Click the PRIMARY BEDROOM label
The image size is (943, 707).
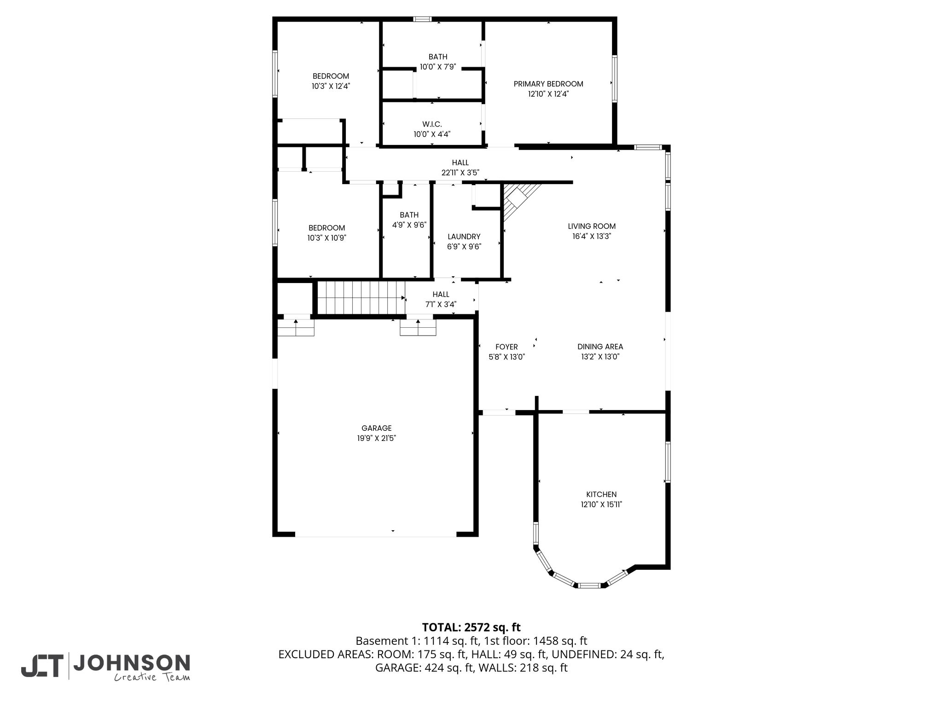(x=548, y=84)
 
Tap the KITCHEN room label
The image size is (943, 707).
(x=601, y=494)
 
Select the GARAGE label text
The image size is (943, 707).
(x=377, y=428)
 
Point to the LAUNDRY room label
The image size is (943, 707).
(x=464, y=237)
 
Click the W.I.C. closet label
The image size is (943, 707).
(x=432, y=124)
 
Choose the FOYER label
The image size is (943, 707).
(x=506, y=347)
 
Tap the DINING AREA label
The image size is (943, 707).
(x=600, y=347)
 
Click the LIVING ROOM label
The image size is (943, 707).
(x=592, y=226)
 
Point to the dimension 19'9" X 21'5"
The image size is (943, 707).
(x=377, y=438)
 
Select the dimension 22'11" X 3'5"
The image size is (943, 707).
(x=460, y=173)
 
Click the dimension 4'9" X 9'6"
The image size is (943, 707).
(x=409, y=225)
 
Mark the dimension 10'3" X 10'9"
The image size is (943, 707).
(x=327, y=238)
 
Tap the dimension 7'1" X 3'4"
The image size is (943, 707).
(x=441, y=304)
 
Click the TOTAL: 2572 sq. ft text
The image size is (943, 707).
(x=471, y=627)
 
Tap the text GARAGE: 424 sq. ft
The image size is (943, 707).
(x=420, y=668)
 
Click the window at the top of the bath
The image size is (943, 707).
(x=422, y=19)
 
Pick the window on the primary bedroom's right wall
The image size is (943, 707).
(x=614, y=78)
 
